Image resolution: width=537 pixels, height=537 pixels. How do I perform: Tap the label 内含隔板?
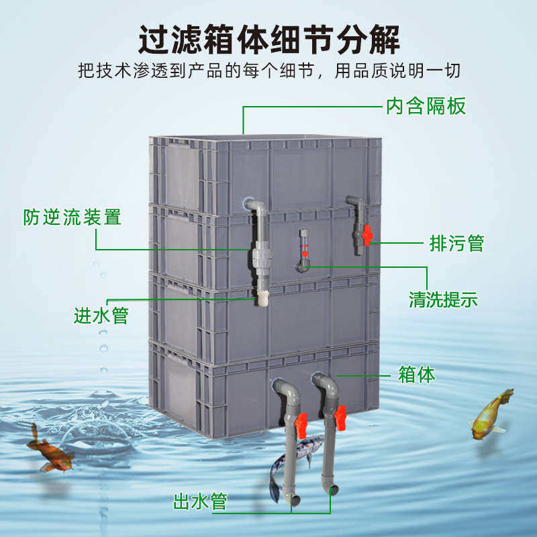click(425, 106)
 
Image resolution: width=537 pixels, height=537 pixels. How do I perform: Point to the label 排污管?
click(456, 242)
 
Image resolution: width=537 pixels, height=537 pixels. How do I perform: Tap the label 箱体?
click(417, 374)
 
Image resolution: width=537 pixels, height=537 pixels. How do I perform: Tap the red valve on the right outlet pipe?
click(340, 418)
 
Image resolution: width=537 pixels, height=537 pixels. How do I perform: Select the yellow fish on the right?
click(491, 414)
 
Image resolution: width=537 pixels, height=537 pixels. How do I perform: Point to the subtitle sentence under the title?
click(268, 72)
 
